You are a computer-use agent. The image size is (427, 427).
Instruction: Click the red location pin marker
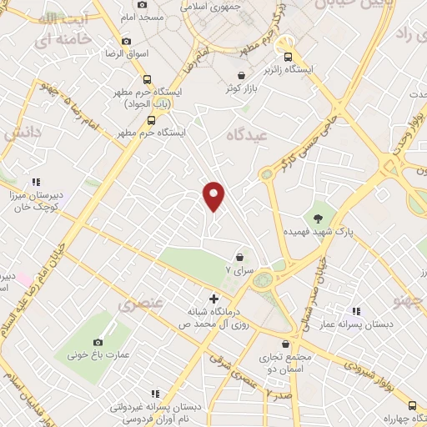[x=214, y=195]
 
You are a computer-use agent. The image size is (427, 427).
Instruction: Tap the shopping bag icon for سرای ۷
[x=240, y=258]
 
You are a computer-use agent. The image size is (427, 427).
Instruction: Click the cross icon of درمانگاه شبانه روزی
[x=213, y=299]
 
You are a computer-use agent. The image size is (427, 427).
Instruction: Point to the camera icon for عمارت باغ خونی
[x=98, y=342]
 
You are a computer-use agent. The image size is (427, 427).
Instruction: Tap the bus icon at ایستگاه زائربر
[x=288, y=58]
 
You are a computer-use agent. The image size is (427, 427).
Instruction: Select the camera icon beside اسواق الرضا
[x=126, y=41]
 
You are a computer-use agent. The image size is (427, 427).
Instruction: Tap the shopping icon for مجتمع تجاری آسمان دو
[x=286, y=344]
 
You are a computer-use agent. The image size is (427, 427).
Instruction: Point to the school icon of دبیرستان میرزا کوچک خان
[x=36, y=181]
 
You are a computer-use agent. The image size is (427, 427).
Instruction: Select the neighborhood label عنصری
[x=138, y=305]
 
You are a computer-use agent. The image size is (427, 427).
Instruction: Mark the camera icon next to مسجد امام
[x=142, y=5]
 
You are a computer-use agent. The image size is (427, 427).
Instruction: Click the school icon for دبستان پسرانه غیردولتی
[x=154, y=393]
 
